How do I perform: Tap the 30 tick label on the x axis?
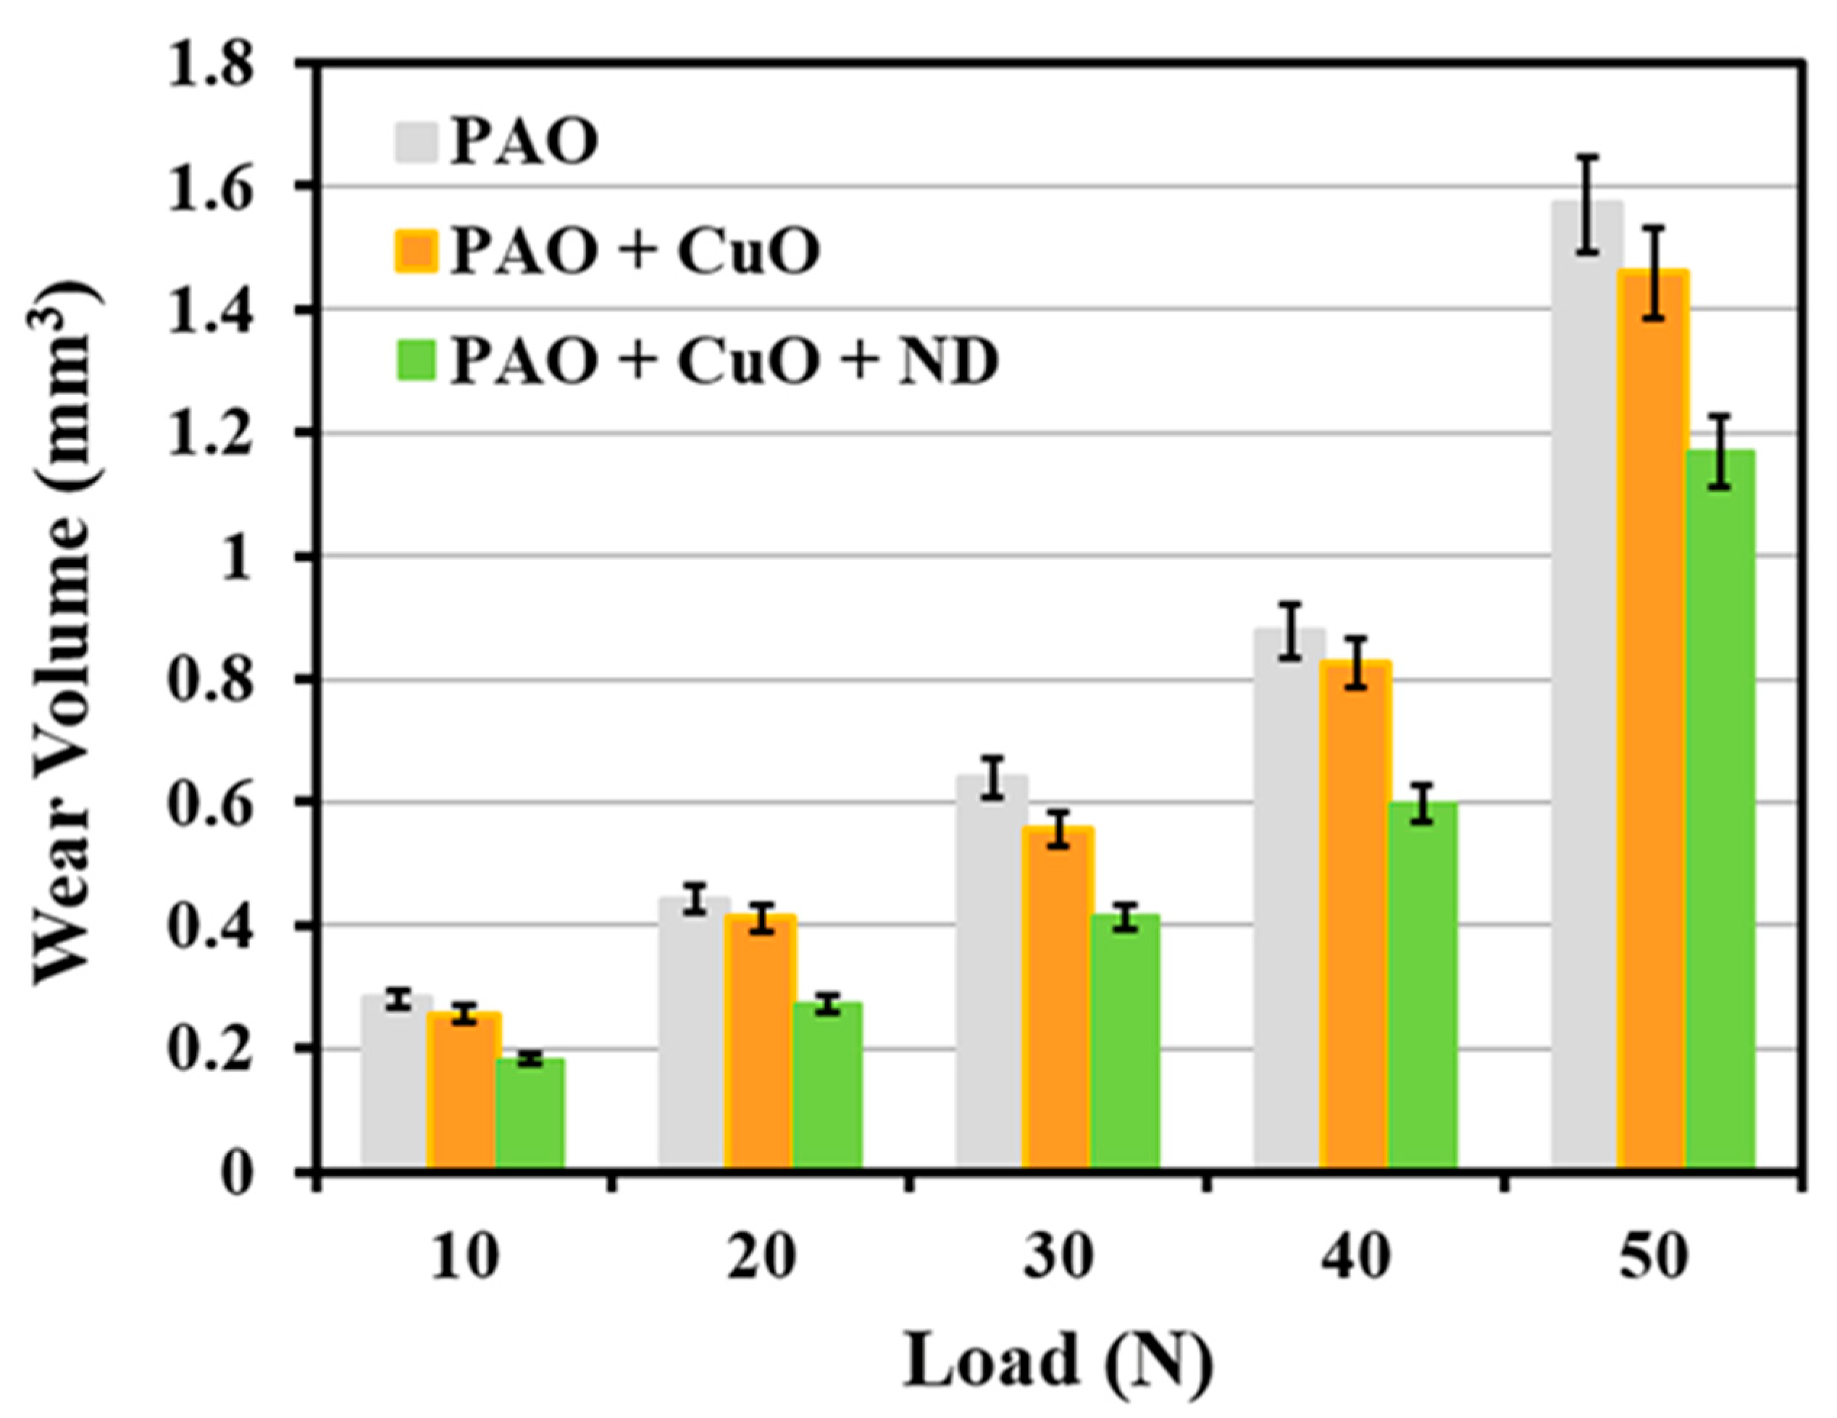coord(1058,1260)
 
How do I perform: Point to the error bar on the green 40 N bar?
coord(1421,803)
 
